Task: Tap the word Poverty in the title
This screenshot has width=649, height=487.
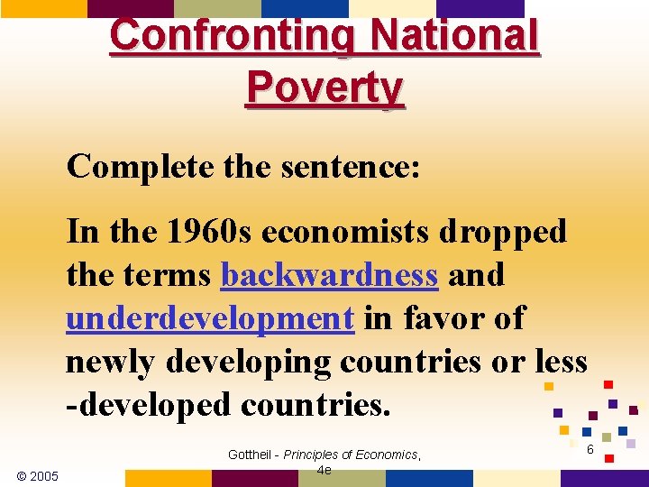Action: point(324,87)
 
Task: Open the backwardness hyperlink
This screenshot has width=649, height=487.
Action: point(329,275)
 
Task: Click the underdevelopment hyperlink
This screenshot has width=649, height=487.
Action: point(209,318)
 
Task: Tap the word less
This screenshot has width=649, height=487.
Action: point(560,362)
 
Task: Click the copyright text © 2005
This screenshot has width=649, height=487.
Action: point(37,476)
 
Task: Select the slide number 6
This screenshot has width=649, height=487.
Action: point(590,450)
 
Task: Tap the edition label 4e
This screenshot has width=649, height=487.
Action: point(324,470)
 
